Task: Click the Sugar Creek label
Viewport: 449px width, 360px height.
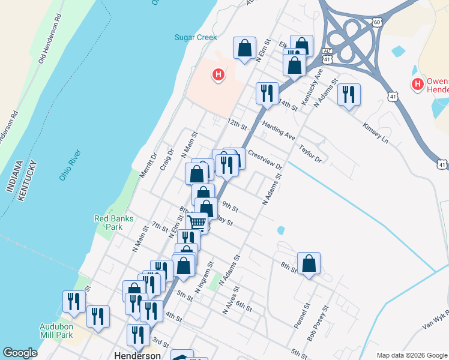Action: (195, 37)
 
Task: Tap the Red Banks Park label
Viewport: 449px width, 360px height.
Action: (109, 223)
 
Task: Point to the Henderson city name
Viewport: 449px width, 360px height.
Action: (137, 355)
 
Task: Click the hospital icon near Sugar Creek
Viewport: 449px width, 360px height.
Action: (218, 75)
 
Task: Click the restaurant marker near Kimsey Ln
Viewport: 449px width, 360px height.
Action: (348, 94)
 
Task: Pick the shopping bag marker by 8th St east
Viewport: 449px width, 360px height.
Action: (309, 263)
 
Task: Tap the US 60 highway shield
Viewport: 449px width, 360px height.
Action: (376, 22)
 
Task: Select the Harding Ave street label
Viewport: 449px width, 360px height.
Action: (279, 130)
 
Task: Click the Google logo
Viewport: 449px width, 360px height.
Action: (20, 353)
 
